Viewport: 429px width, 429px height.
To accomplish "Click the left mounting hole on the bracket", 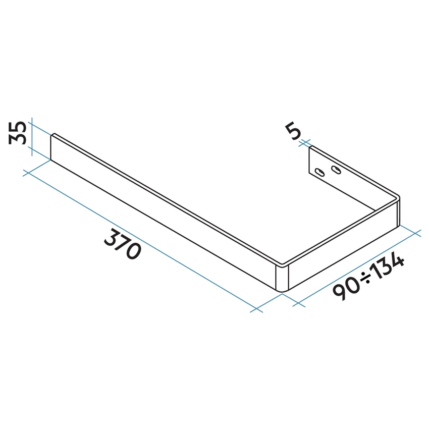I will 319,172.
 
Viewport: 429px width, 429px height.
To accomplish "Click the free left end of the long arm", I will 52,147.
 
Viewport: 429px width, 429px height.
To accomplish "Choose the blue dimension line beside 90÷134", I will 358,269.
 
